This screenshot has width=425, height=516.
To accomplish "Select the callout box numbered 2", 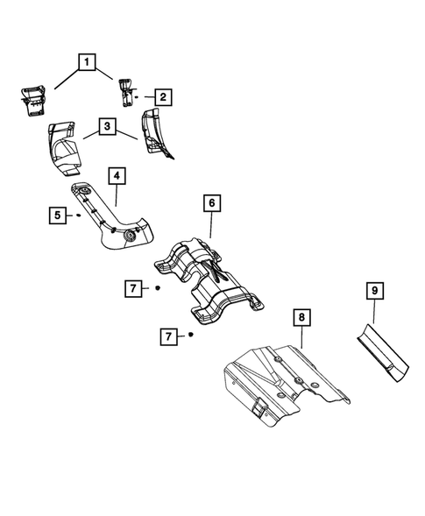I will pyautogui.click(x=164, y=96).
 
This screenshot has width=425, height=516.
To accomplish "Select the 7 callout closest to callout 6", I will pyautogui.click(x=133, y=287).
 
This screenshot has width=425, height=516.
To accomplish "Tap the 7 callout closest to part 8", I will pyautogui.click(x=166, y=336).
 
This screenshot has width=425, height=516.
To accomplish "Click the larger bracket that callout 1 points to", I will pyautogui.click(x=33, y=98).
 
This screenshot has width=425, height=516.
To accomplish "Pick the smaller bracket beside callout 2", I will pyautogui.click(x=123, y=89).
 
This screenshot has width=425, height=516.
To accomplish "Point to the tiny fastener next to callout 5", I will pyautogui.click(x=79, y=213).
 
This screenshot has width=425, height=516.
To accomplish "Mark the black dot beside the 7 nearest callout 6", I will pyautogui.click(x=156, y=287).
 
